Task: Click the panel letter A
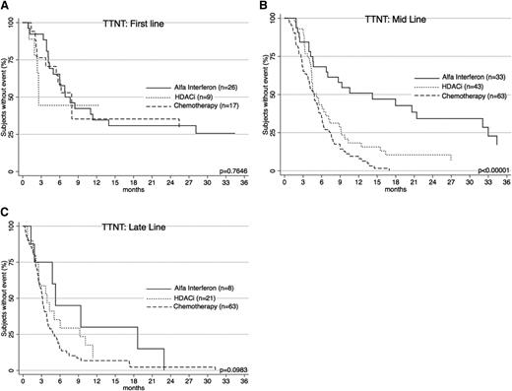[x=5, y=6]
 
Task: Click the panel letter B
[x=265, y=6]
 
